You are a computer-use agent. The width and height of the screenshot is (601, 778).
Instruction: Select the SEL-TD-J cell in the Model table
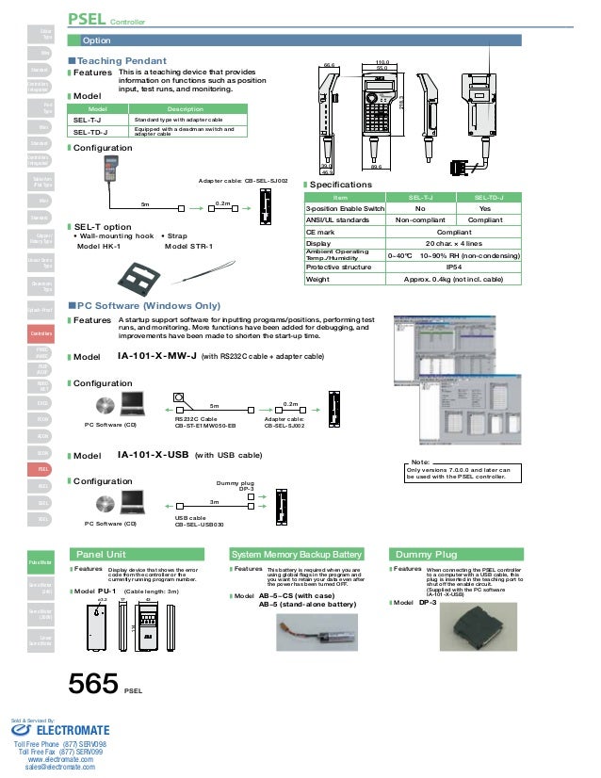pyautogui.click(x=90, y=133)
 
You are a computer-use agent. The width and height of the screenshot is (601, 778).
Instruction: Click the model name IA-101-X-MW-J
pyautogui.click(x=156, y=357)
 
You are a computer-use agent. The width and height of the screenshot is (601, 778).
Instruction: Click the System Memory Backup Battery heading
pyautogui.click(x=297, y=554)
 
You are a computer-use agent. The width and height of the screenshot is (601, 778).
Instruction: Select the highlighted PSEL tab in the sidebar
pyautogui.click(x=43, y=468)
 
